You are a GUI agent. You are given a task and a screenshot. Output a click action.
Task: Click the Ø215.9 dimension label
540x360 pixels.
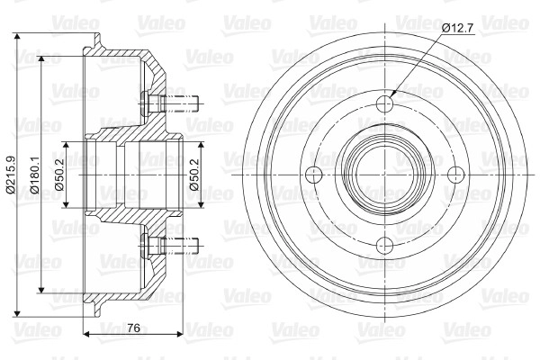point(10,175)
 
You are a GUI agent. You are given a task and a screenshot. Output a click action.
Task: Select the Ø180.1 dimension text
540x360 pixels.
point(35,175)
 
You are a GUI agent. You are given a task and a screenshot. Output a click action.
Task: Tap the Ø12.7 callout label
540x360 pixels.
point(458,28)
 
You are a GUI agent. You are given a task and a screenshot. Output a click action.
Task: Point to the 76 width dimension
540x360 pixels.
point(133,328)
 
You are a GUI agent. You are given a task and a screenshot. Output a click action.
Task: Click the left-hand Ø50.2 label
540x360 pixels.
point(59,175)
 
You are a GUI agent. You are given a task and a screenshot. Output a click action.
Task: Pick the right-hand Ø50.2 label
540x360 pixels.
point(193,175)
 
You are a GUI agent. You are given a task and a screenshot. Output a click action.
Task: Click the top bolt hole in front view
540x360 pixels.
point(384,103)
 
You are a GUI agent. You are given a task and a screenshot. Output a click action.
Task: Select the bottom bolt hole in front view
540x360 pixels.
point(384,246)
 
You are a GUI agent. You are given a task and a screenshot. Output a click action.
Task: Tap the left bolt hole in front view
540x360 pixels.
point(314,175)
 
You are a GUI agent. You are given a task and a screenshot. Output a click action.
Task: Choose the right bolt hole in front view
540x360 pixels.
point(456,175)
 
